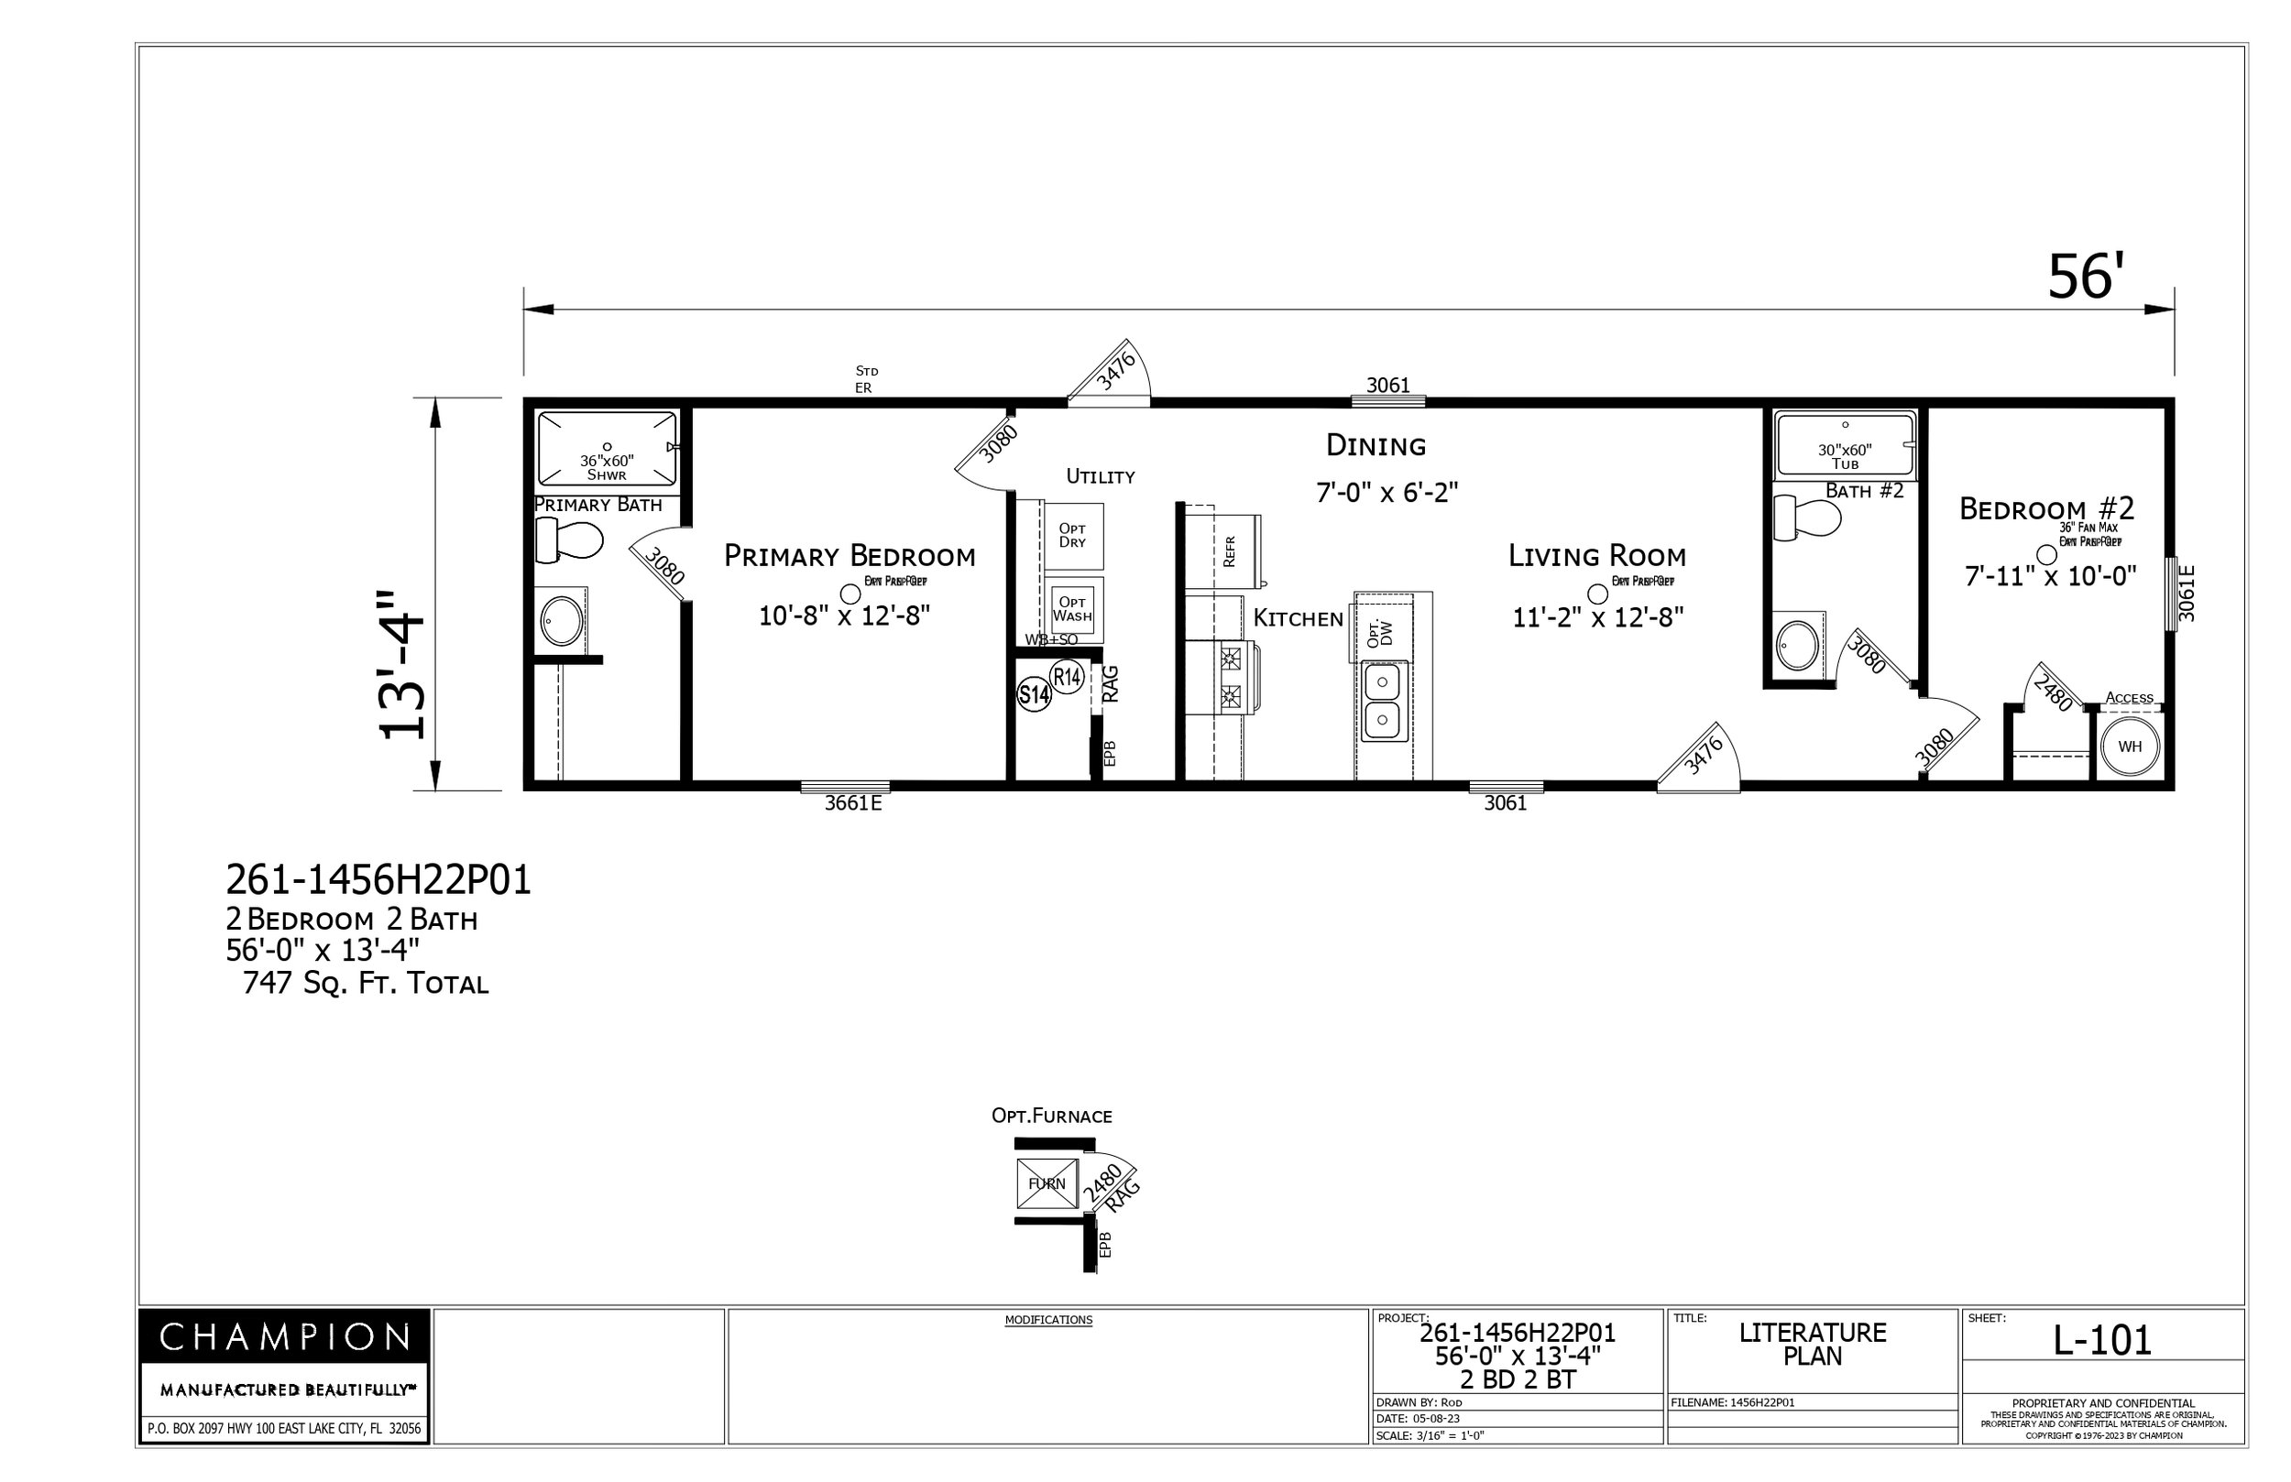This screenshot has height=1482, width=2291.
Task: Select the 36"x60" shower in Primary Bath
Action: point(607,450)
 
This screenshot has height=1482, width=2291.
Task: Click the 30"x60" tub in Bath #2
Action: point(1845,445)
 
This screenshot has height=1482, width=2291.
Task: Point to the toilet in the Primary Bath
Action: point(568,539)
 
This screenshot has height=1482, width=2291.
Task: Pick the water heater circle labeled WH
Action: point(2130,746)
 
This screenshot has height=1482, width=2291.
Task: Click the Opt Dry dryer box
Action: point(1072,536)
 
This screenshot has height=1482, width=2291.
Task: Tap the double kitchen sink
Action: point(1382,701)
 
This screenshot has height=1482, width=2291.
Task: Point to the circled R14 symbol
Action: point(1067,677)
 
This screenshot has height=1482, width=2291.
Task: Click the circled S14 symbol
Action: point(1034,694)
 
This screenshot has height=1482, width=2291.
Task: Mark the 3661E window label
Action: point(852,803)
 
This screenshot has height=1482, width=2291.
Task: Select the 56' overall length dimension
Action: point(2084,278)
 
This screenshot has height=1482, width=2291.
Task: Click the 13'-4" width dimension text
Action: point(402,664)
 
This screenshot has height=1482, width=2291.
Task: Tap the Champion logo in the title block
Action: point(284,1337)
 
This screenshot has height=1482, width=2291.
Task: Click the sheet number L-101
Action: point(2101,1341)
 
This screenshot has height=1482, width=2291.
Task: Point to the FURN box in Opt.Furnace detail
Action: point(1047,1183)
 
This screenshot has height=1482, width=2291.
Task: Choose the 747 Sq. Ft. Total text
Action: point(366,984)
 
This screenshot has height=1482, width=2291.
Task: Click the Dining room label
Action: point(1376,445)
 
